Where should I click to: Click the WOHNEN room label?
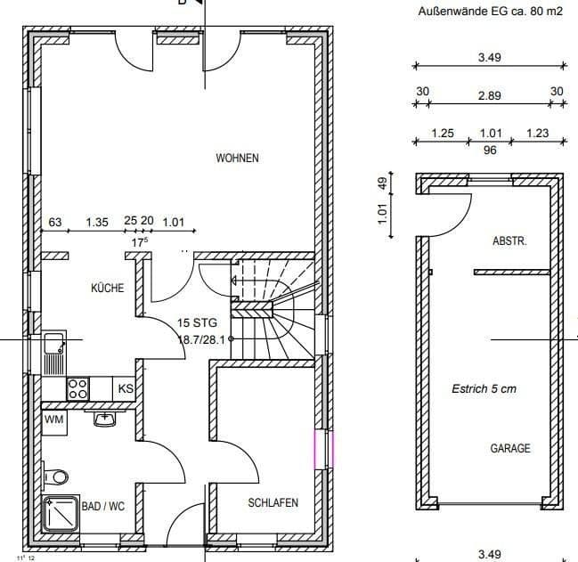tap(237, 159)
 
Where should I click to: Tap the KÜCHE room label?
tap(107, 289)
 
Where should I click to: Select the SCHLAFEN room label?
tap(273, 503)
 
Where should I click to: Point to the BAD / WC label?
tap(103, 506)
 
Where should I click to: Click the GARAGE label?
tap(510, 448)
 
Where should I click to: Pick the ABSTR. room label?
tap(510, 241)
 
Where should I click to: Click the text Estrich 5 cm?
tap(484, 388)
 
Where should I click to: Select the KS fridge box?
tap(126, 389)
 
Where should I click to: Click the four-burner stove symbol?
tap(78, 388)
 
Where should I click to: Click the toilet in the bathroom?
tap(55, 475)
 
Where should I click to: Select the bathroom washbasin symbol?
tap(105, 417)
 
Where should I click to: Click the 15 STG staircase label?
tap(196, 322)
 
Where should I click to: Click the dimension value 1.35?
tap(97, 222)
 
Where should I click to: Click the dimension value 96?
tap(489, 151)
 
